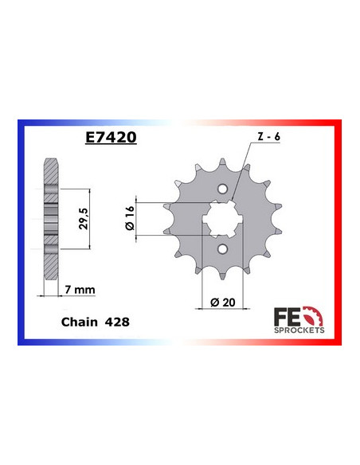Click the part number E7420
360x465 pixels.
coord(112,138)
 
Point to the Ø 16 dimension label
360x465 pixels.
coord(131,217)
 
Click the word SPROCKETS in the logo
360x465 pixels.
coord(298,328)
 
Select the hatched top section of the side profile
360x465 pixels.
coord(51,171)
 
